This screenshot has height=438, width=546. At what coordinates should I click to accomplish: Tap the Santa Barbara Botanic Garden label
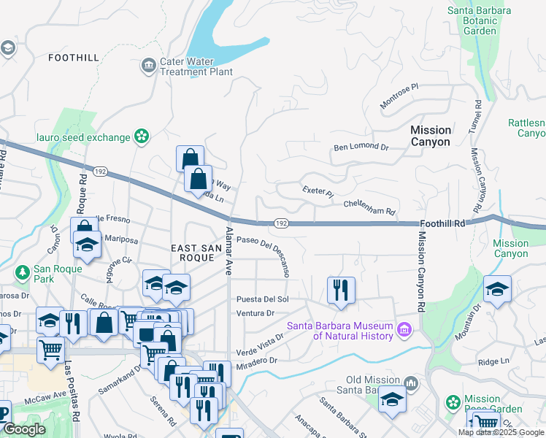pyautogui.click(x=482, y=20)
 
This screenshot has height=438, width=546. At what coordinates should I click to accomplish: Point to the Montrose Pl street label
pyautogui.click(x=399, y=96)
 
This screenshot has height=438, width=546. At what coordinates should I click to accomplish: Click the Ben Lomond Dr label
pyautogui.click(x=361, y=147)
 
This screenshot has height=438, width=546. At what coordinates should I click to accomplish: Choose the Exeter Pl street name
pyautogui.click(x=318, y=193)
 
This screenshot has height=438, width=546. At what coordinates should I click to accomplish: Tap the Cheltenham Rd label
pyautogui.click(x=369, y=207)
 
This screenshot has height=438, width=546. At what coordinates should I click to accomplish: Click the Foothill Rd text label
pyautogui.click(x=443, y=226)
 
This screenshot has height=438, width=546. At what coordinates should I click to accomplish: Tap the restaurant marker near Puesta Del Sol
pyautogui.click(x=341, y=289)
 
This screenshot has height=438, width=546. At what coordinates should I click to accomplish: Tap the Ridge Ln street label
pyautogui.click(x=493, y=361)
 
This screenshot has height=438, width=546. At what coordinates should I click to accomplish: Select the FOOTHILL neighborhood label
pyautogui.click(x=73, y=57)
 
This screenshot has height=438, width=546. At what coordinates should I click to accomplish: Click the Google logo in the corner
pyautogui.click(x=25, y=430)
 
